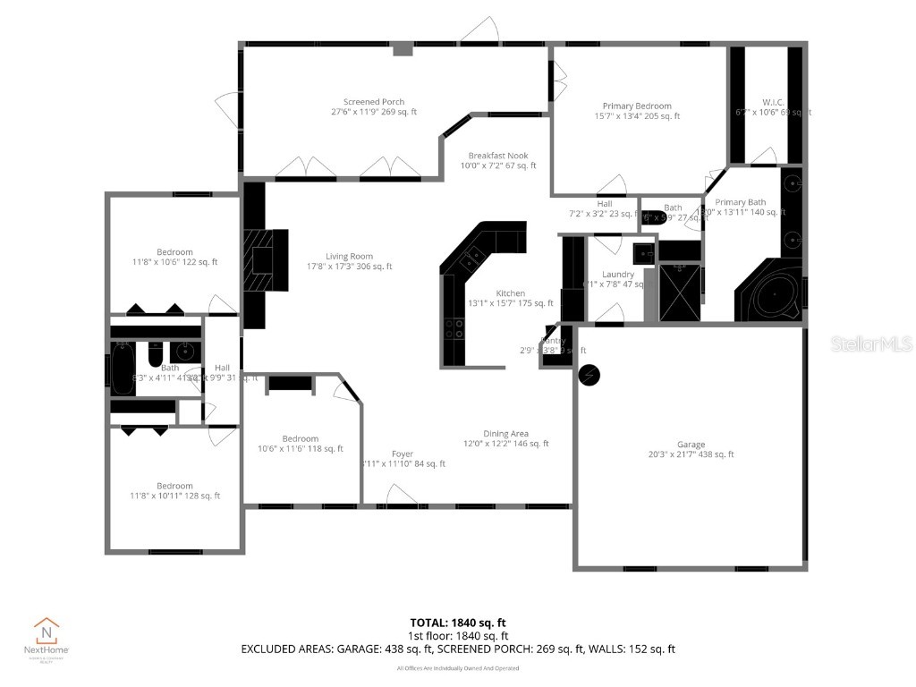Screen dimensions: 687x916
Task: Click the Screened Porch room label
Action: pos(374,102)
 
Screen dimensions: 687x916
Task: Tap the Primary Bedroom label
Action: pos(637,106)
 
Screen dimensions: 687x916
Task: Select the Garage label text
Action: pos(691,445)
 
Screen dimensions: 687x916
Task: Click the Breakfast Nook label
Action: pos(498,156)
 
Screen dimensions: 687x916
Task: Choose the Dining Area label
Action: pos(506,434)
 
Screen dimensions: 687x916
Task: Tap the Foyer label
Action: pos(403,454)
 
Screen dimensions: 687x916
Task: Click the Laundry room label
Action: pos(618,275)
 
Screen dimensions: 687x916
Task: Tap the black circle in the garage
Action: pos(590,377)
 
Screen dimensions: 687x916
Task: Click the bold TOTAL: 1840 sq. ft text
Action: pos(457,623)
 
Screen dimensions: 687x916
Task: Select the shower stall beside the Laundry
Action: pos(681,291)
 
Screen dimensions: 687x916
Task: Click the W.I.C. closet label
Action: pos(774,102)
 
